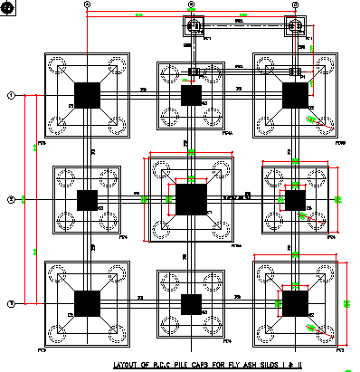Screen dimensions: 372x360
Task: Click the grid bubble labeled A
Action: [x=88, y=5]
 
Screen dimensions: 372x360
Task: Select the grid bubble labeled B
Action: [x=192, y=5]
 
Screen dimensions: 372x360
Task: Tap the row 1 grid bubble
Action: [x=10, y=95]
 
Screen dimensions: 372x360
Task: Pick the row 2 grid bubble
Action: [x=10, y=199]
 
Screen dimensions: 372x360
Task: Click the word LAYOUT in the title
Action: [x=128, y=365]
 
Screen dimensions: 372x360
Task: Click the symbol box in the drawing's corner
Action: [x=8, y=7]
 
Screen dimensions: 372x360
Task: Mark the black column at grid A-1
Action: [x=87, y=95]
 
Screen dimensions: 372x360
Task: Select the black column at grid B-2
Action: [x=191, y=199]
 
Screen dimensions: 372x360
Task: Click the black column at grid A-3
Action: [x=87, y=303]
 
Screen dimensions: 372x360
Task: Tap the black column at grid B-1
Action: [x=191, y=95]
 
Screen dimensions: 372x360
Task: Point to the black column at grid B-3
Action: [x=191, y=303]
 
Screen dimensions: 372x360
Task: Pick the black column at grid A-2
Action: [x=87, y=200]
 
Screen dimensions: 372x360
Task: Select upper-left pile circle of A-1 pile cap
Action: [x=62, y=67]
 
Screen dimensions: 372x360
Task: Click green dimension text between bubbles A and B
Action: [x=139, y=15]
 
